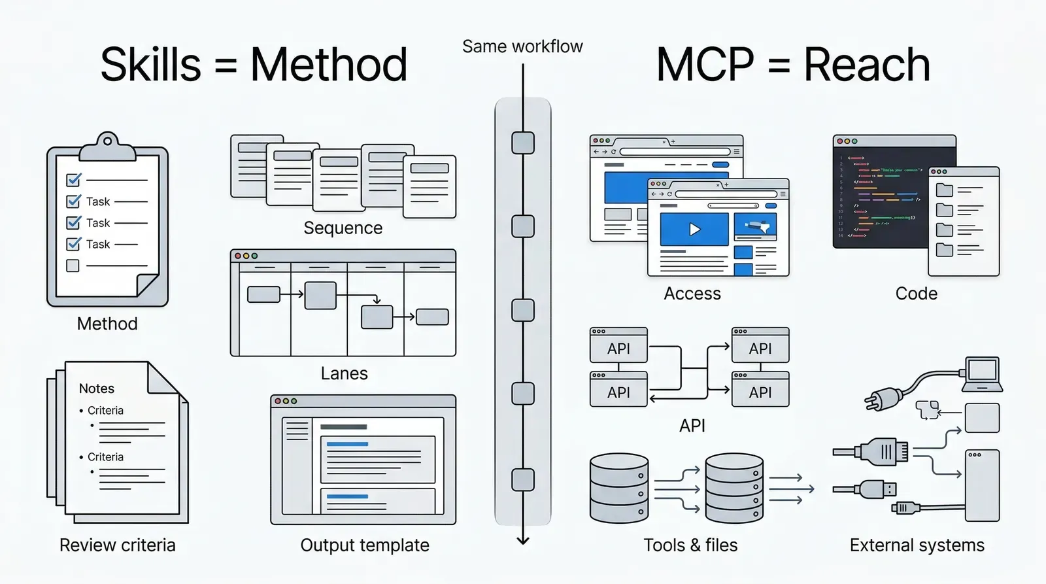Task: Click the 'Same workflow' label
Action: coord(522,46)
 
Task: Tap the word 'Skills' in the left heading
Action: coord(150,65)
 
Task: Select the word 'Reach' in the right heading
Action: coord(866,65)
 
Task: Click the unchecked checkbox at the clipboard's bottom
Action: coord(73,266)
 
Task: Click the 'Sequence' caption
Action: coord(343,228)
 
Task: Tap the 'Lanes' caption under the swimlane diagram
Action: coord(344,373)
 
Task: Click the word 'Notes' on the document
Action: coord(96,388)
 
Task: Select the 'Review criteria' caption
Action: coord(117,545)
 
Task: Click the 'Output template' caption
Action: coord(364,545)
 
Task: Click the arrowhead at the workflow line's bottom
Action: coord(523,540)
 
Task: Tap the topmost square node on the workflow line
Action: coord(523,143)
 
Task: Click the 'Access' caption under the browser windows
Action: coord(692,294)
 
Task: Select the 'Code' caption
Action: coord(916,294)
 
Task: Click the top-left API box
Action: coord(618,349)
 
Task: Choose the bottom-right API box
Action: coord(760,392)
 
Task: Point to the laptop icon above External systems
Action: coord(983,374)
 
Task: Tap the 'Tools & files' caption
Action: coord(690,545)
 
